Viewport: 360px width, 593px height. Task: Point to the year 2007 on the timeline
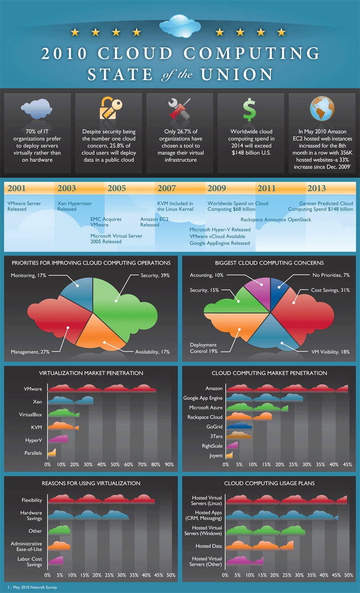166,189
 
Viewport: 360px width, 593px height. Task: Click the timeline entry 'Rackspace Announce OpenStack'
275,220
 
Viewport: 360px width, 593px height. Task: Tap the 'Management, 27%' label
30,352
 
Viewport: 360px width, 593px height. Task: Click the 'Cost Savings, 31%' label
330,291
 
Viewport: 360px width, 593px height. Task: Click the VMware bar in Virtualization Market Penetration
102,389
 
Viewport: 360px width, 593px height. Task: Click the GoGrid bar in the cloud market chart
239,426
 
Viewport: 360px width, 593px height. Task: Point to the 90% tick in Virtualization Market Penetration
169,464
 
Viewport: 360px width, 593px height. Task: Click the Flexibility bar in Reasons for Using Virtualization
101,499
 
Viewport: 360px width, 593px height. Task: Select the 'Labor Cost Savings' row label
31,562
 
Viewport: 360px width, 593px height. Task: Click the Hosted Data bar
259,546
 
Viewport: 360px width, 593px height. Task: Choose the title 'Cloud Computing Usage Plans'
269,483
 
